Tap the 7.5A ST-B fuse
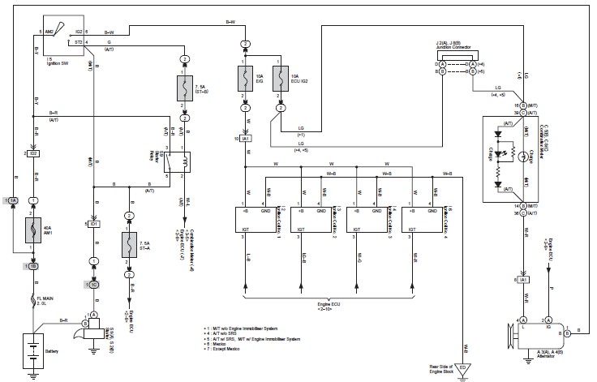click(x=184, y=88)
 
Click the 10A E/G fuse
click(x=244, y=79)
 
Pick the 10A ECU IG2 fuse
click(x=281, y=79)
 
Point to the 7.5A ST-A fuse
click(x=128, y=244)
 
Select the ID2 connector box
click(x=34, y=153)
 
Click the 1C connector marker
click(x=93, y=284)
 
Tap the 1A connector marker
click(x=11, y=200)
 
